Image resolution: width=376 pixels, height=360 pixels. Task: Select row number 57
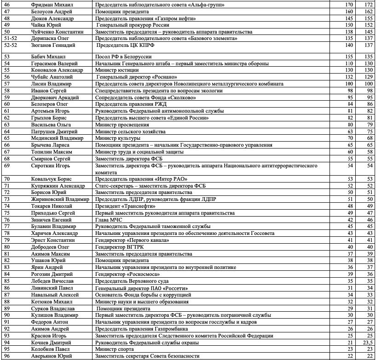coord(7,84)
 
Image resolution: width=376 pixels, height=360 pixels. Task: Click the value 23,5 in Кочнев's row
coord(367,343)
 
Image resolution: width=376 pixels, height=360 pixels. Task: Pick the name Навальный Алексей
coord(51,295)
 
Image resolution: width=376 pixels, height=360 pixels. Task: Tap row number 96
coord(7,356)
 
